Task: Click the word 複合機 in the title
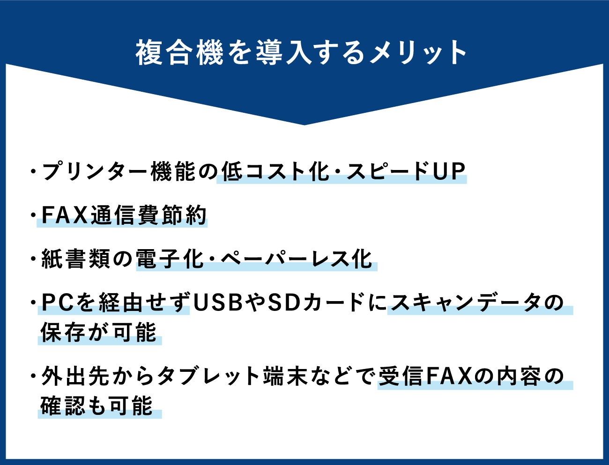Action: click(x=179, y=52)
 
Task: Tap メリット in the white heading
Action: click(x=418, y=52)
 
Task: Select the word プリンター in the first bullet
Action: click(x=94, y=172)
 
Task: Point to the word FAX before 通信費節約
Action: click(x=65, y=215)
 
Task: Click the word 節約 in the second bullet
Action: click(x=184, y=215)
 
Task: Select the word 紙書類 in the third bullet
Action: click(x=76, y=258)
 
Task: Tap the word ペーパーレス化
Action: click(x=297, y=258)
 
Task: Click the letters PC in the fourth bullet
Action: click(x=58, y=303)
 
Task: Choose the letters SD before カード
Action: click(x=283, y=303)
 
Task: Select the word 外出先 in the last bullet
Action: click(x=75, y=376)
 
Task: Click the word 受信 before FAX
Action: click(x=401, y=376)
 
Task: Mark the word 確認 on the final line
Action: click(x=63, y=406)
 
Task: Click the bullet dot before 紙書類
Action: click(x=34, y=258)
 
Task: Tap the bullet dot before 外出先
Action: click(x=34, y=376)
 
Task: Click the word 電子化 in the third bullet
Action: click(x=170, y=258)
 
